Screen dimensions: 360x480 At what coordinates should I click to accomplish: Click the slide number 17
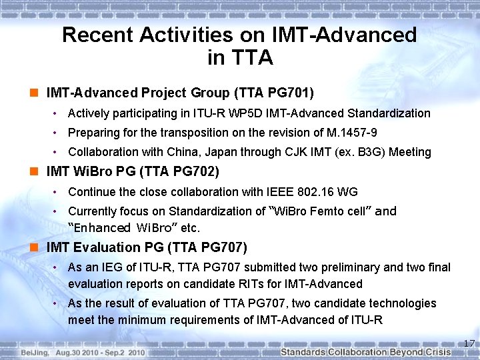point(469,344)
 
